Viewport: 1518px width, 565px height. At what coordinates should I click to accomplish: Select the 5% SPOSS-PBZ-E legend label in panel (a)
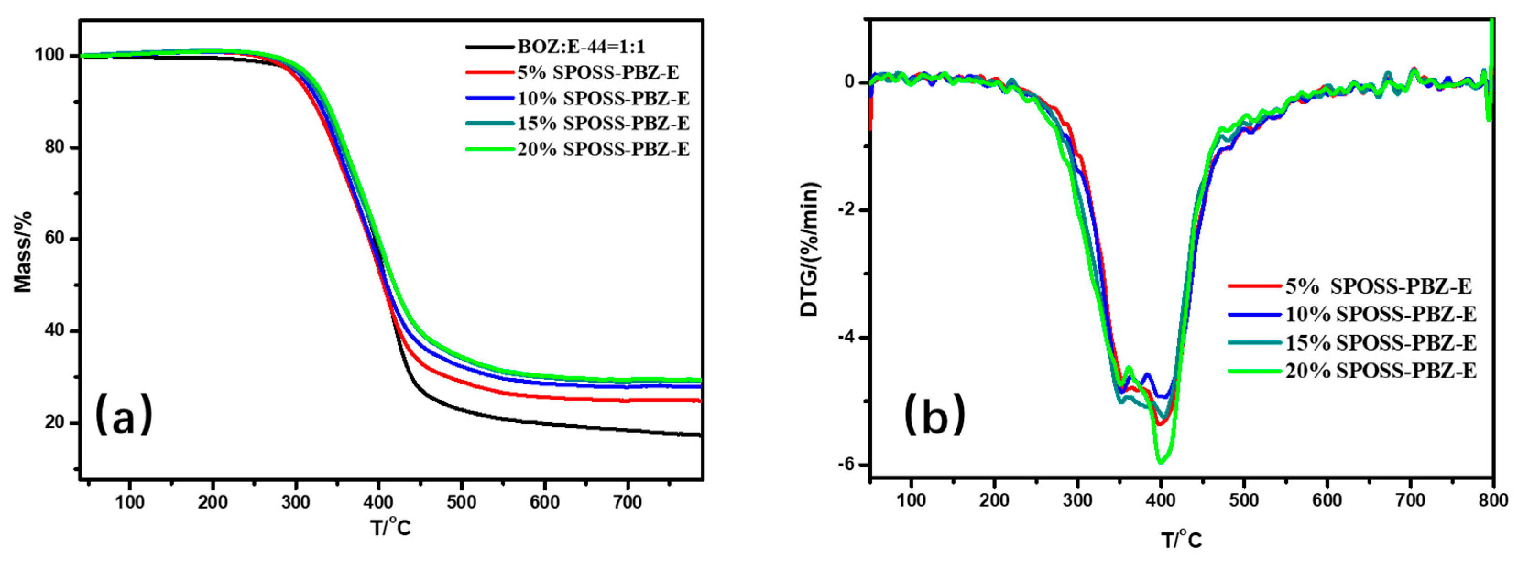(598, 72)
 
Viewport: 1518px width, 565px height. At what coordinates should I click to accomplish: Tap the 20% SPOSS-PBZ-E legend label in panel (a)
(603, 149)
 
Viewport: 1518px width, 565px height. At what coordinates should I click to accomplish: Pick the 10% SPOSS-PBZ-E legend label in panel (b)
(1381, 314)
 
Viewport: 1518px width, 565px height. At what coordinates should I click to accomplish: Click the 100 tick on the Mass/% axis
(50, 55)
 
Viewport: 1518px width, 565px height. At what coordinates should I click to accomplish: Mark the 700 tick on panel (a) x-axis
(627, 503)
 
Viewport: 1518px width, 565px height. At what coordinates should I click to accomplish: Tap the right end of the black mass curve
(700, 435)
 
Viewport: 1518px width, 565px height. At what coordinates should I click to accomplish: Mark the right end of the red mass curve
(700, 401)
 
